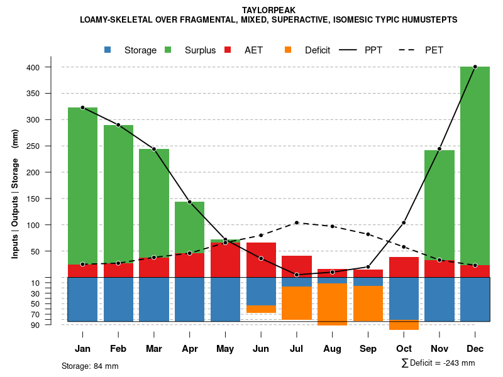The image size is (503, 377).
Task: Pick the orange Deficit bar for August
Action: [333, 304]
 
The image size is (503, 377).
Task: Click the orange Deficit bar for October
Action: [404, 325]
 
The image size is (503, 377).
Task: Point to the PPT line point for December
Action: [475, 67]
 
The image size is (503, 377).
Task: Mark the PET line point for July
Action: [297, 222]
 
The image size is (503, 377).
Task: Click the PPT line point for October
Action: [404, 222]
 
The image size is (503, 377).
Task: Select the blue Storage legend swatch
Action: [108, 50]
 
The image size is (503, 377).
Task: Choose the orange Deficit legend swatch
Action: [288, 50]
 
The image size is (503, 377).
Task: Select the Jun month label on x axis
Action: [261, 349]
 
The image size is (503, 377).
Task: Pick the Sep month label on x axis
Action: [368, 349]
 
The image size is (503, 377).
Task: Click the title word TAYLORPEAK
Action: [268, 10]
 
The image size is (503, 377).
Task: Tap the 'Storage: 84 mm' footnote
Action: [90, 366]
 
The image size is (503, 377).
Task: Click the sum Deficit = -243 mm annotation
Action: [438, 363]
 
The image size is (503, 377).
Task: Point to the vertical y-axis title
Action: [15, 194]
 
